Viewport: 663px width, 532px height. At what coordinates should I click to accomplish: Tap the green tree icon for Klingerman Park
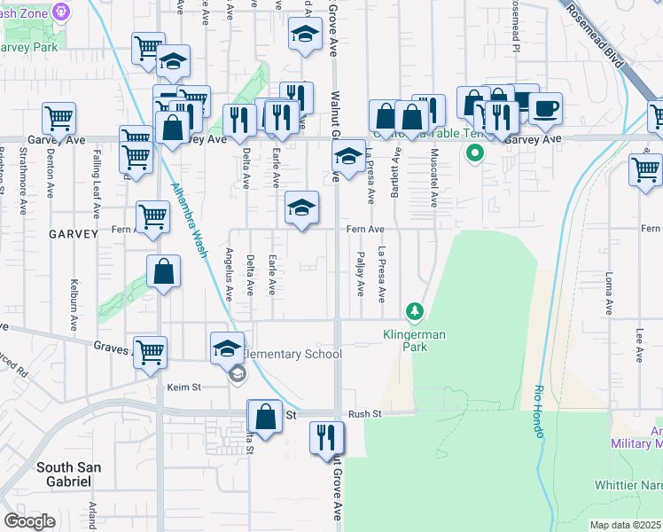[x=414, y=311]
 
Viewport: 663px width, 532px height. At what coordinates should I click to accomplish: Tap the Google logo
[x=29, y=521]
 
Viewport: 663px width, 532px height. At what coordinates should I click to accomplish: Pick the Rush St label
[x=364, y=413]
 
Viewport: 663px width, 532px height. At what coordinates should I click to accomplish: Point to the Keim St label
[x=184, y=387]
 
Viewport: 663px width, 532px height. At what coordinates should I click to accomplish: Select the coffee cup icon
[x=546, y=108]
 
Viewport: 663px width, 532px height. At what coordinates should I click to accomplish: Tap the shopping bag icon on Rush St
[x=266, y=415]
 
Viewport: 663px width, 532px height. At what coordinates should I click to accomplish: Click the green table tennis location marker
[x=475, y=153]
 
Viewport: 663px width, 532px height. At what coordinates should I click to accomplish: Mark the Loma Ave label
[x=610, y=295]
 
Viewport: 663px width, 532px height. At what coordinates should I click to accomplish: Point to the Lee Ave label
[x=639, y=346]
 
